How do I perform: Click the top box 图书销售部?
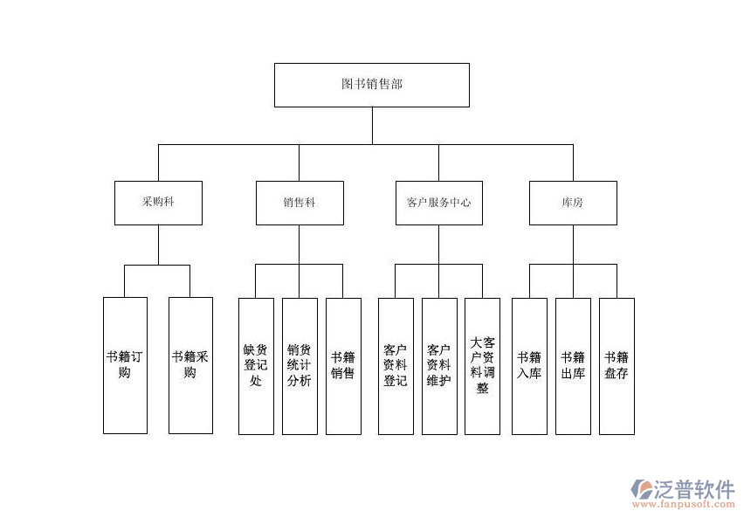click(371, 85)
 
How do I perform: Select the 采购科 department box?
click(158, 203)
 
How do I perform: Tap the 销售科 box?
click(300, 203)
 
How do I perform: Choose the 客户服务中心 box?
click(438, 203)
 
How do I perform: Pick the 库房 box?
click(573, 203)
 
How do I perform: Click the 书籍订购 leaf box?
click(125, 365)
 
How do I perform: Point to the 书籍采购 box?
click(190, 365)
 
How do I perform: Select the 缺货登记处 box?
click(256, 365)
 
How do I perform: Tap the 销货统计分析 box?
click(300, 365)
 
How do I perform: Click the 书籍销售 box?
click(343, 365)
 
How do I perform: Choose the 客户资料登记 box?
click(395, 365)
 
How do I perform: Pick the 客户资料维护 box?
click(438, 365)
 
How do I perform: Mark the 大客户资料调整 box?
click(482, 365)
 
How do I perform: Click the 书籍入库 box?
click(529, 365)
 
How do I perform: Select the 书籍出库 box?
click(573, 365)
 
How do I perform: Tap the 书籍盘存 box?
click(617, 365)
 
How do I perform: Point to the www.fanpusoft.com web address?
click(685, 505)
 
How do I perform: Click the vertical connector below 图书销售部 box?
click(372, 125)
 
